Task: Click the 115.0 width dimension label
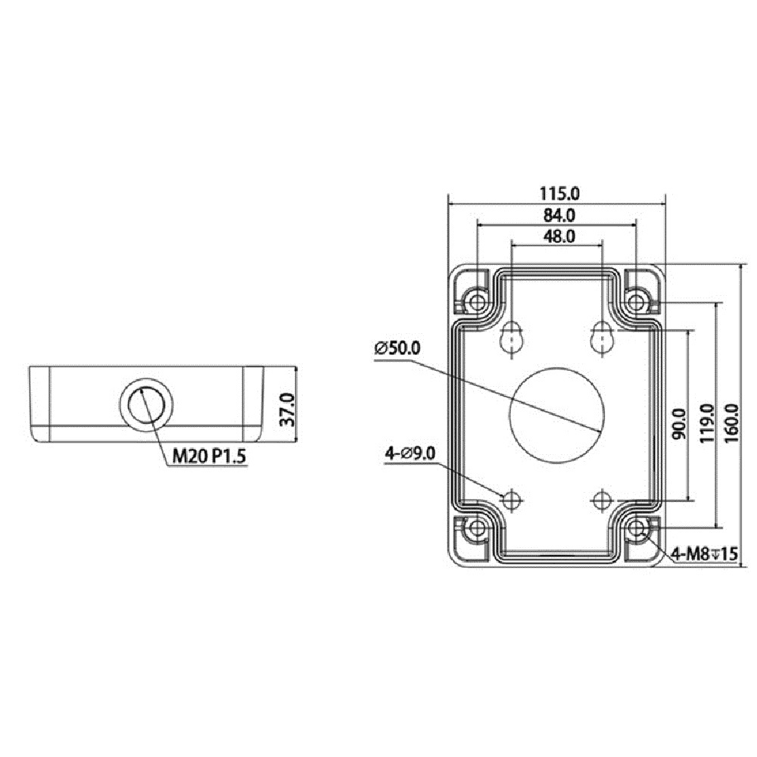tap(559, 193)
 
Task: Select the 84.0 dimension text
tap(559, 215)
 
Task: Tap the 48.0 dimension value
tap(559, 236)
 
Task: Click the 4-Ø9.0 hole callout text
tap(410, 453)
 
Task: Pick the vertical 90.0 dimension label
tap(679, 425)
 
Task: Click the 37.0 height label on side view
tap(287, 409)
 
